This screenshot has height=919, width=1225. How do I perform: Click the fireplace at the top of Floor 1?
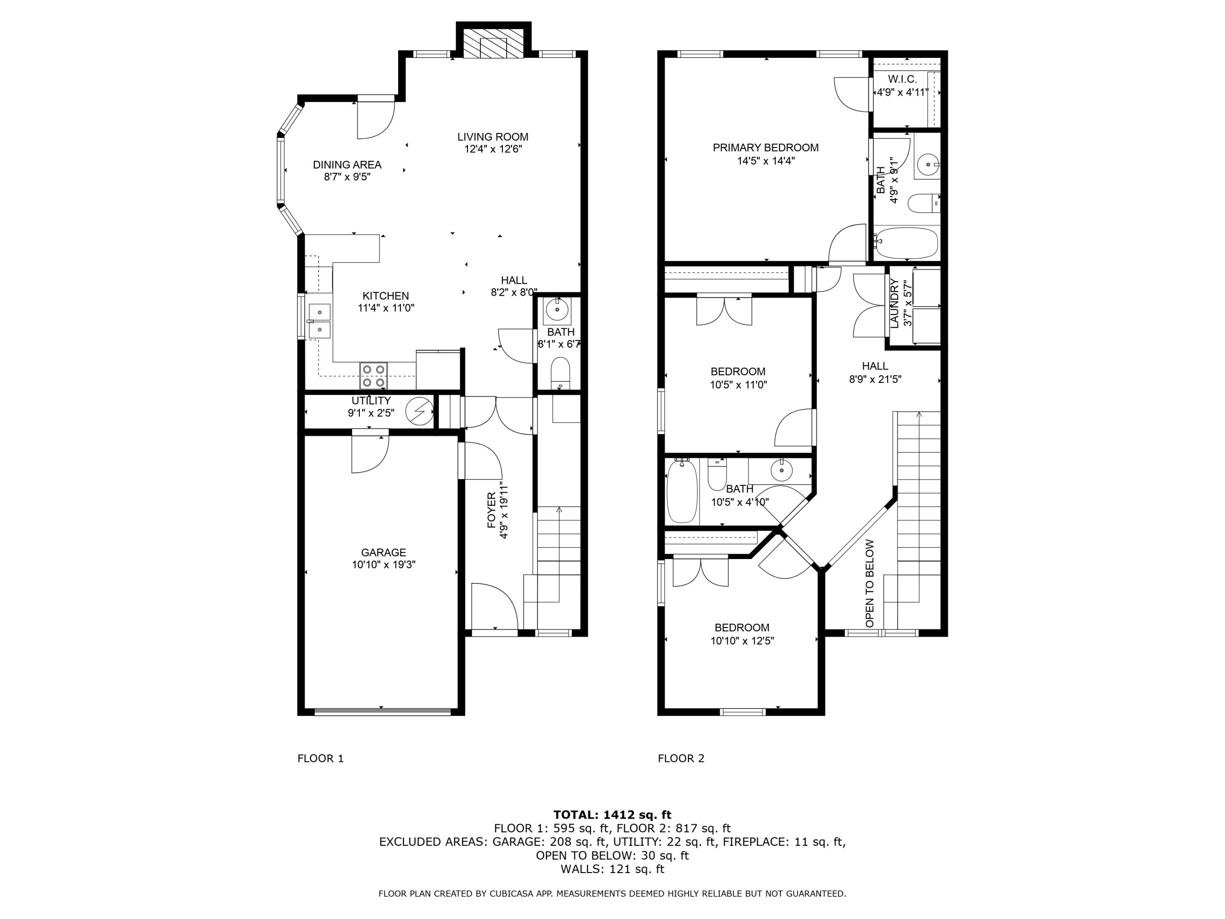[493, 40]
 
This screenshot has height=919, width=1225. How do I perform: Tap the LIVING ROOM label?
[493, 137]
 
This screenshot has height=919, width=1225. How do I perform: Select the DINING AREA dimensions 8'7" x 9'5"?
[347, 177]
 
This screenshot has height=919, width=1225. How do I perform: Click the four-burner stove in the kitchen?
[373, 376]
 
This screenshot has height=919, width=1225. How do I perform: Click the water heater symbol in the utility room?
[419, 411]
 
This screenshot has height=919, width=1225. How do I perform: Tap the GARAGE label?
[383, 552]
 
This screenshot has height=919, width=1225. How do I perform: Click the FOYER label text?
[492, 510]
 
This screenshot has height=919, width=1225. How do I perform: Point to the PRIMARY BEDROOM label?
[765, 148]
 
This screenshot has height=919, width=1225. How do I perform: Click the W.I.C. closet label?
[902, 79]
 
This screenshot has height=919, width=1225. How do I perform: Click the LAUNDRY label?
[894, 303]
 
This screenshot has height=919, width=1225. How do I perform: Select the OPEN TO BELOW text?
[869, 583]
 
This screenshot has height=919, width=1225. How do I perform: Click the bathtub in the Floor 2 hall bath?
[682, 492]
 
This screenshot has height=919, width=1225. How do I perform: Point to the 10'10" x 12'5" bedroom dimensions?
[742, 641]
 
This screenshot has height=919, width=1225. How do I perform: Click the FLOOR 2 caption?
[681, 758]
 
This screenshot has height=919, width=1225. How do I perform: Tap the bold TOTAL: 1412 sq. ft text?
[612, 815]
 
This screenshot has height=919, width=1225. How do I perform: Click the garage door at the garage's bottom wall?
[382, 712]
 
